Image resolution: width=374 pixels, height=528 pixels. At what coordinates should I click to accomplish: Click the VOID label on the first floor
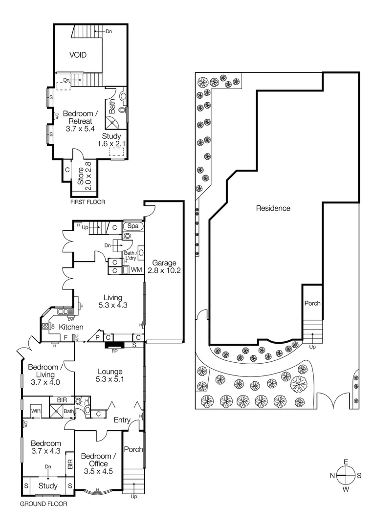click(78, 55)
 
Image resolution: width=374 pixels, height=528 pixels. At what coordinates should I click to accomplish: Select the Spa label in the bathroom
click(132, 226)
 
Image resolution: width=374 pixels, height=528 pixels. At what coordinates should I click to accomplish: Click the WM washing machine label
click(136, 270)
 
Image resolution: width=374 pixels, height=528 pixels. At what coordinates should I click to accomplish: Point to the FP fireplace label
click(114, 351)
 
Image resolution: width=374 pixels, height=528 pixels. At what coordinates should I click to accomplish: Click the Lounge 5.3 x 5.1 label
click(110, 375)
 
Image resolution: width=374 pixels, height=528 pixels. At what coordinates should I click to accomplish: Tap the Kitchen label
click(71, 327)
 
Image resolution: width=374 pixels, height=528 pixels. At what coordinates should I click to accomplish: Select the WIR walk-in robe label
click(36, 412)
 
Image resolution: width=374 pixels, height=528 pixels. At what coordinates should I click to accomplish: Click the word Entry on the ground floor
click(122, 420)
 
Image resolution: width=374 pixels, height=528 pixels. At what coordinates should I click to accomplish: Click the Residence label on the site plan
click(273, 208)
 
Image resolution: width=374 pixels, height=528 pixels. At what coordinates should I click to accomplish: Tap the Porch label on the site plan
click(312, 303)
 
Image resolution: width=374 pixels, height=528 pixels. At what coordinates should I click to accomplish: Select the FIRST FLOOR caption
click(88, 201)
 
